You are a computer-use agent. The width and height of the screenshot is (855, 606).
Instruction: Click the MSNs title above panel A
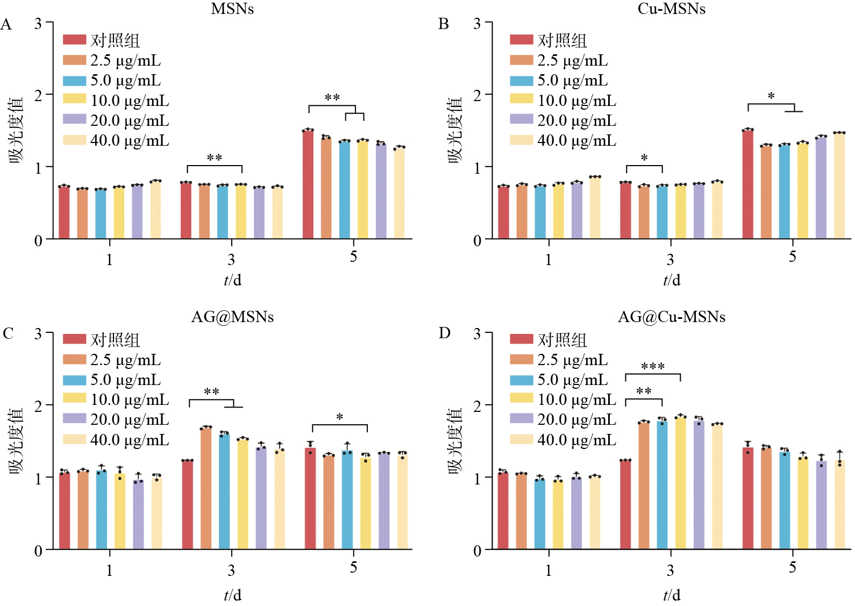(232, 9)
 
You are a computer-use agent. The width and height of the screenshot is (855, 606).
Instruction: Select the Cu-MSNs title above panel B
(672, 9)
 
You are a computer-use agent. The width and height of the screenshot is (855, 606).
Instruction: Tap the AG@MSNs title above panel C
(232, 317)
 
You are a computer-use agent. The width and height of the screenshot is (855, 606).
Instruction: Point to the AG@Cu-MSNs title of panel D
(672, 317)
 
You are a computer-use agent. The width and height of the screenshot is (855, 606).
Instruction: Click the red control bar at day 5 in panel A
(308, 184)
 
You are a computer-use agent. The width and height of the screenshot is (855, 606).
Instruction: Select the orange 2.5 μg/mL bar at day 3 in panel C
(206, 488)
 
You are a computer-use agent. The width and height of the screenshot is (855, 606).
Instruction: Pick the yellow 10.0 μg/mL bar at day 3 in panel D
(681, 483)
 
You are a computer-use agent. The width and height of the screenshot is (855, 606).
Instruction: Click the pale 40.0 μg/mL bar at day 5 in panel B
(839, 186)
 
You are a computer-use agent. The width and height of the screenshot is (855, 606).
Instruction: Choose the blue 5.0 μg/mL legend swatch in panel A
(74, 81)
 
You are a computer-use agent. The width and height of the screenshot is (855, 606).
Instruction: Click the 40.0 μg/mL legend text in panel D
(577, 440)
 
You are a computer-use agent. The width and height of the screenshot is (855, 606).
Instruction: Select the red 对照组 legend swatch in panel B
(522, 40)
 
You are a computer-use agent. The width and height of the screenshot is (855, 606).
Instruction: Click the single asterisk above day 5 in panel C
(340, 417)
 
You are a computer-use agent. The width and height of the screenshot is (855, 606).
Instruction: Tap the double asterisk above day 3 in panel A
(215, 158)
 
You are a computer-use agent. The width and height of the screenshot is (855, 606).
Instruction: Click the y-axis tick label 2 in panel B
(477, 95)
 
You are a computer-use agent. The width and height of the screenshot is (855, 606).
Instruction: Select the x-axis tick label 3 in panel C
(231, 570)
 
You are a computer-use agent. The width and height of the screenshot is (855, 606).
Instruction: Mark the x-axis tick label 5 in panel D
(793, 567)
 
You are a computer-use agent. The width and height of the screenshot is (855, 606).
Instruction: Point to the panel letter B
(444, 24)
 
